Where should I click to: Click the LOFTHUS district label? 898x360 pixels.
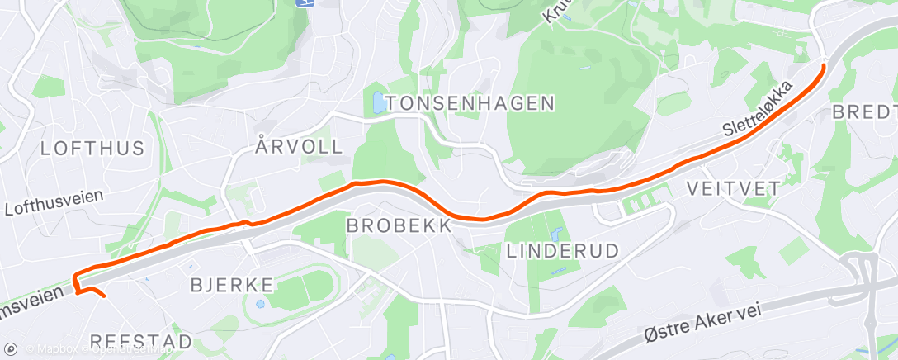coord(92,149)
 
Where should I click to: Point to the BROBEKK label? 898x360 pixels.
coord(399,225)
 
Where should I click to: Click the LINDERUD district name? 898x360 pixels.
coord(562,250)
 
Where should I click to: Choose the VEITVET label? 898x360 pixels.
coord(733,188)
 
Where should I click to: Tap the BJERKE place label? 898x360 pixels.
coord(232,285)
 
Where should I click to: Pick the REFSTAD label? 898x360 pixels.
coord(140,341)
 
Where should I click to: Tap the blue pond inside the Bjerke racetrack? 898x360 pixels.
coord(262,303)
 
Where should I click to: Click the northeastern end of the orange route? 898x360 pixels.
coord(824,64)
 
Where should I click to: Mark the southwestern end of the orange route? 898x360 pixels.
coord(104,294)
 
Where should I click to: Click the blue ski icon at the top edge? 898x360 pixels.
coord(305,3)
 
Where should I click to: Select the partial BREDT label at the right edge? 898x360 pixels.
coord(864,111)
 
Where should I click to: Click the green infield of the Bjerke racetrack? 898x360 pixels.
coord(301,289)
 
